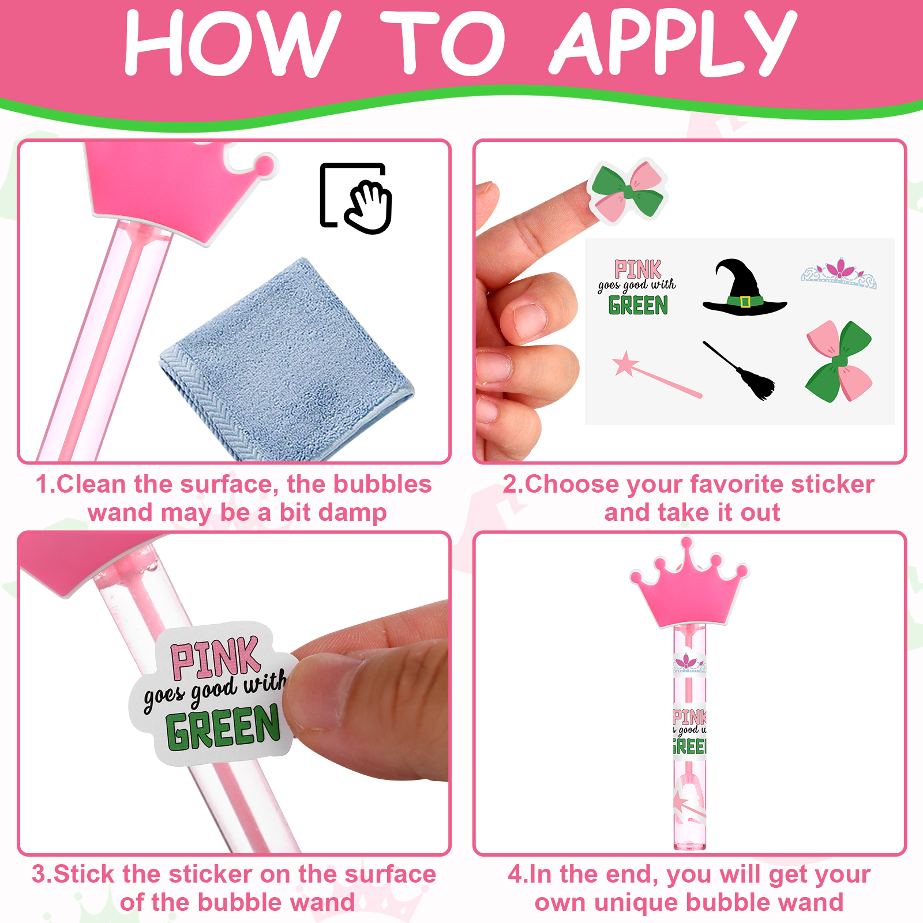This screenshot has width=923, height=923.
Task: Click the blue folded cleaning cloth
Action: pyautogui.click(x=287, y=361)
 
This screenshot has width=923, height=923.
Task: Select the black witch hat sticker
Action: pyautogui.click(x=744, y=287)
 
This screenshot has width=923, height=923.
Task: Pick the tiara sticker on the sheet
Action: pyautogui.click(x=839, y=273)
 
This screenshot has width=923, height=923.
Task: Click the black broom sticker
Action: pyautogui.click(x=739, y=370)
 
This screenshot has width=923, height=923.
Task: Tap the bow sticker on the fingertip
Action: pyautogui.click(x=628, y=190)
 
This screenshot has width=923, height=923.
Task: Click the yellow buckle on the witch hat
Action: pyautogui.click(x=745, y=302)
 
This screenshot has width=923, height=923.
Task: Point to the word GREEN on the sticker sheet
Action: pyautogui.click(x=638, y=305)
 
